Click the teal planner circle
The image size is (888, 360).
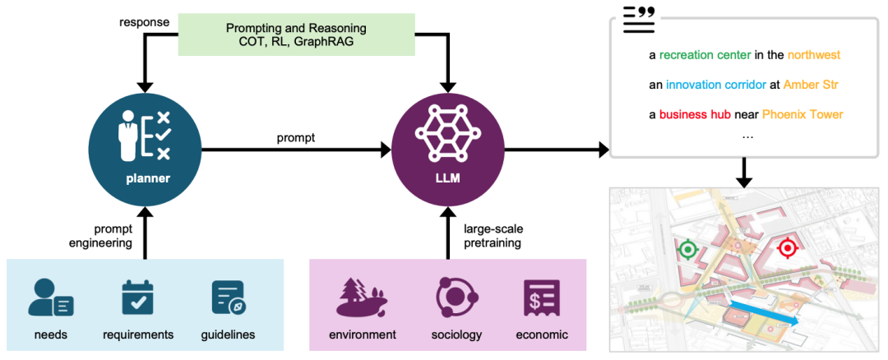tap(145, 150)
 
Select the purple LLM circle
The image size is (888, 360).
tap(447, 150)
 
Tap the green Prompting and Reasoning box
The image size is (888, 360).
tap(296, 35)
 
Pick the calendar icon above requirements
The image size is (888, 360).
tap(138, 298)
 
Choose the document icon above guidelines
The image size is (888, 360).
tap(228, 298)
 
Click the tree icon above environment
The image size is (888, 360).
tap(362, 298)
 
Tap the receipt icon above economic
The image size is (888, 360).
tap(542, 298)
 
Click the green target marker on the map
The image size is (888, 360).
tap(687, 249)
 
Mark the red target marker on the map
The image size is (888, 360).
tap(787, 247)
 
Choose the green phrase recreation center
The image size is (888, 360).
tap(705, 55)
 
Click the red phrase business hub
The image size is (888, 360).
tap(695, 114)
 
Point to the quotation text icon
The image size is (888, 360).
tap(639, 19)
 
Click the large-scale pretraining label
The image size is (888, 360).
tap(493, 236)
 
